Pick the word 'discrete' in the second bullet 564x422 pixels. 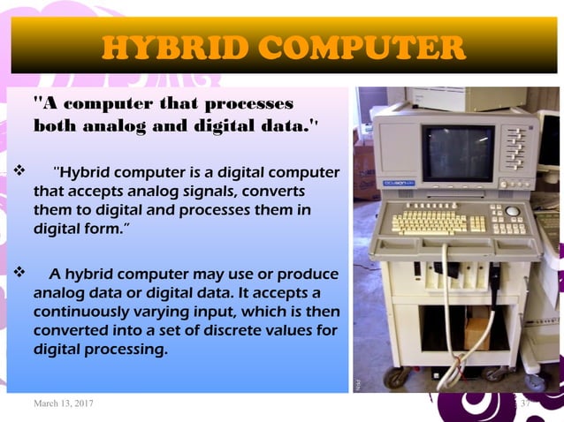click(x=216, y=331)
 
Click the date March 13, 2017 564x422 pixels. click(x=64, y=403)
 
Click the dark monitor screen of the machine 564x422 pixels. click(x=457, y=152)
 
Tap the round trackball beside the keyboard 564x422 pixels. click(x=512, y=212)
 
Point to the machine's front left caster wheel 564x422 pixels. click(x=394, y=377)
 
